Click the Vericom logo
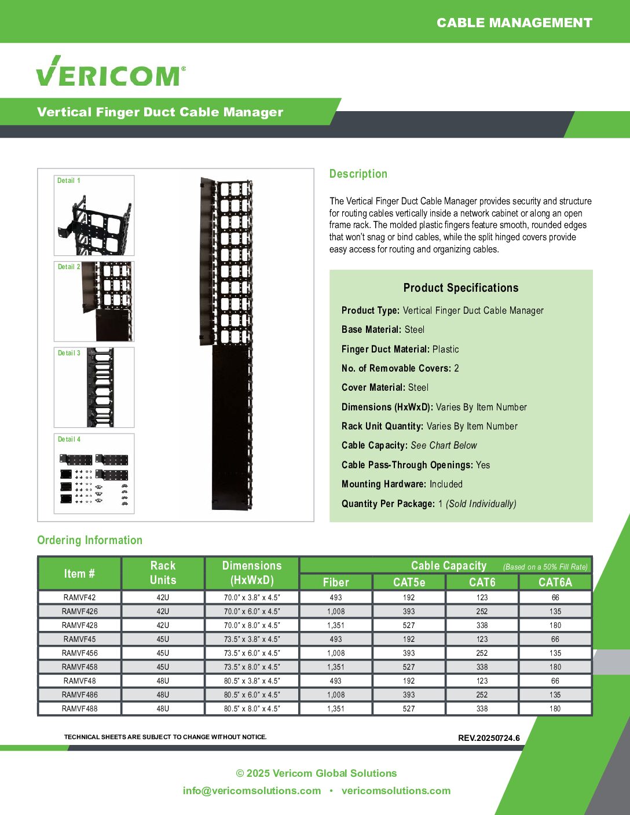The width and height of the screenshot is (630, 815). [111, 72]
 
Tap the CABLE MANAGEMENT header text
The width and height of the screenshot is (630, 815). [514, 23]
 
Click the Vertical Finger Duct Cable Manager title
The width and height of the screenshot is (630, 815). [160, 112]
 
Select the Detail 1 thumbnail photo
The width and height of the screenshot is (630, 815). [94, 216]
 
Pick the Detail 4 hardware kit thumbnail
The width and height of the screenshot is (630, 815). [94, 474]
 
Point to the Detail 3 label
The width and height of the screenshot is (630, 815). [69, 353]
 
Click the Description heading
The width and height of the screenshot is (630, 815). [358, 174]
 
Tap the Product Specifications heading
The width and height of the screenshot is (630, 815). [461, 288]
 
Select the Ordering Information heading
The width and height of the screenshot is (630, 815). [90, 540]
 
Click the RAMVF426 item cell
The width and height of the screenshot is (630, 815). [80, 611]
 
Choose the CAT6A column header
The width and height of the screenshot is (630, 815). [555, 582]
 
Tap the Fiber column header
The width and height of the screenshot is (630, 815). [336, 582]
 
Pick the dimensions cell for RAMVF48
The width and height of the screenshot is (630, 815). [252, 681]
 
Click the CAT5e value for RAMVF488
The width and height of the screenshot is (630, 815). [409, 708]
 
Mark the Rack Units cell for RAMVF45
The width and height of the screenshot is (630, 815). [163, 639]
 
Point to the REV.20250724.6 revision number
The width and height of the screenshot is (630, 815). [489, 738]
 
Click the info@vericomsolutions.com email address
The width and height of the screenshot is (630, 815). [252, 791]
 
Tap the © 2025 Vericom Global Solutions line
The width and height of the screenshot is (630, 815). [316, 773]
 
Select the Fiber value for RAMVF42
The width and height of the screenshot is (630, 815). [336, 597]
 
